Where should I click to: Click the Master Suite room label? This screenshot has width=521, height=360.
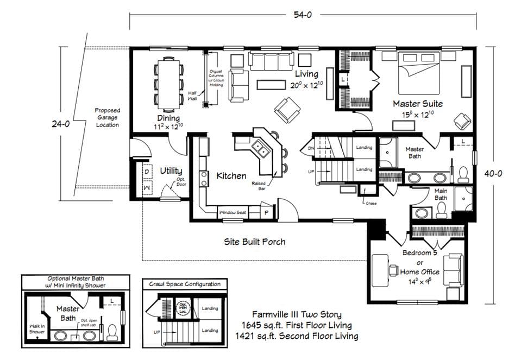click(x=417, y=103)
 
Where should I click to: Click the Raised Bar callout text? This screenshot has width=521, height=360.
click(x=259, y=186)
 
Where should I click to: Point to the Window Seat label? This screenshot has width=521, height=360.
click(x=233, y=212)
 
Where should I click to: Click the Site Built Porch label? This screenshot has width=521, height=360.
click(x=255, y=241)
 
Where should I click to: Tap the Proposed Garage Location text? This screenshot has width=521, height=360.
click(x=107, y=117)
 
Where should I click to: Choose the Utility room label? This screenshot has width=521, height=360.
click(x=171, y=170)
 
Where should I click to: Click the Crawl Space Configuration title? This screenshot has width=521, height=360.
click(x=185, y=283)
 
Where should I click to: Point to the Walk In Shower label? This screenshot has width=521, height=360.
click(x=37, y=329)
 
